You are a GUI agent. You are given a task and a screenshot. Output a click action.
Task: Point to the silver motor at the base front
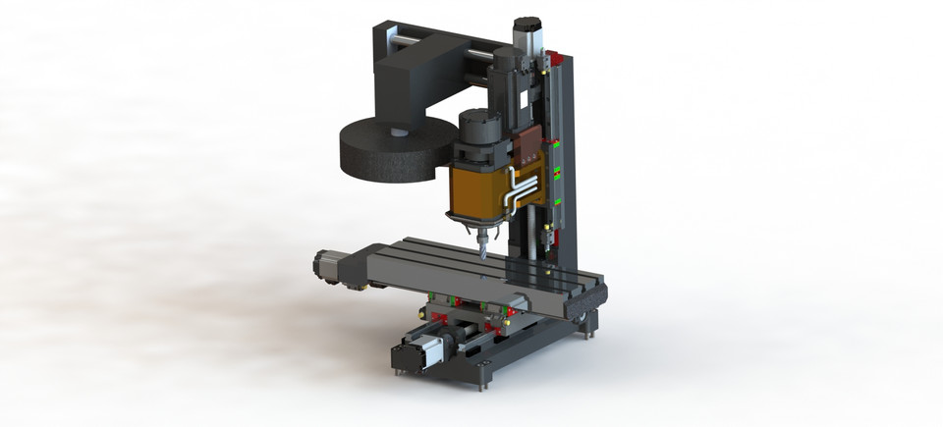pos(417,353)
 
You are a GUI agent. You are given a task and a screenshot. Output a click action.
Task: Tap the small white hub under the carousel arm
pos(398,131)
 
